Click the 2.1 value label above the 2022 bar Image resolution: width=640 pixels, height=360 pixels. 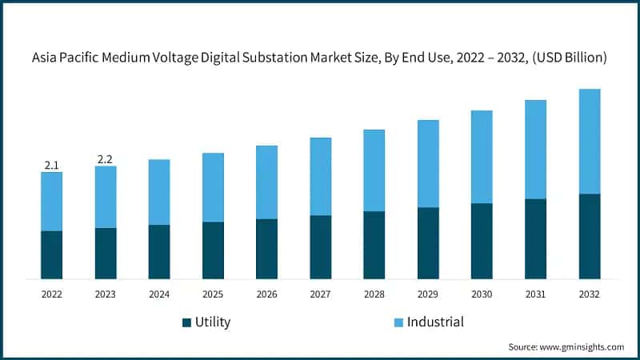pos(51,165)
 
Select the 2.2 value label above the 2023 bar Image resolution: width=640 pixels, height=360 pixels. pos(105,159)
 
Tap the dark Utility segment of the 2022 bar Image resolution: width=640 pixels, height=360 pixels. pos(51,254)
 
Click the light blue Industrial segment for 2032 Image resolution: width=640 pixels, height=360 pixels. pos(589,141)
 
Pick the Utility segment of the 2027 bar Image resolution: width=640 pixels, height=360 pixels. pos(320,246)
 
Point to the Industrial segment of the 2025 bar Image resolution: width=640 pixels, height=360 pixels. pos(213,187)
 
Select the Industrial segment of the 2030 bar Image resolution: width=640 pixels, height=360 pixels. pos(482,157)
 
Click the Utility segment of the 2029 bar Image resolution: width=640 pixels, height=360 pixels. pos(428,242)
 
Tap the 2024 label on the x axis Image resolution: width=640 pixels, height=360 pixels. pos(159,294)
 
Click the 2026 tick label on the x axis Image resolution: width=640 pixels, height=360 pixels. pos(266,294)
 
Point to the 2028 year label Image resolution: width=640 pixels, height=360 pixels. pos(374,294)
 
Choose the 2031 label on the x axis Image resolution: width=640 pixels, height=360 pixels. pos(535,294)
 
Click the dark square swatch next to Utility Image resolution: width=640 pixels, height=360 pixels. pos(187,322)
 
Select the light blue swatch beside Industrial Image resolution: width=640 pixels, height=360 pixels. pos(397,322)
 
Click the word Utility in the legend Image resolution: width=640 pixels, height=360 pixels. pos(213,322)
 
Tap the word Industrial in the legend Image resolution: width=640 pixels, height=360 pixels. pos(435,322)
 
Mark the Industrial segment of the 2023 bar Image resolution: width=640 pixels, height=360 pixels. pos(105,197)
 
